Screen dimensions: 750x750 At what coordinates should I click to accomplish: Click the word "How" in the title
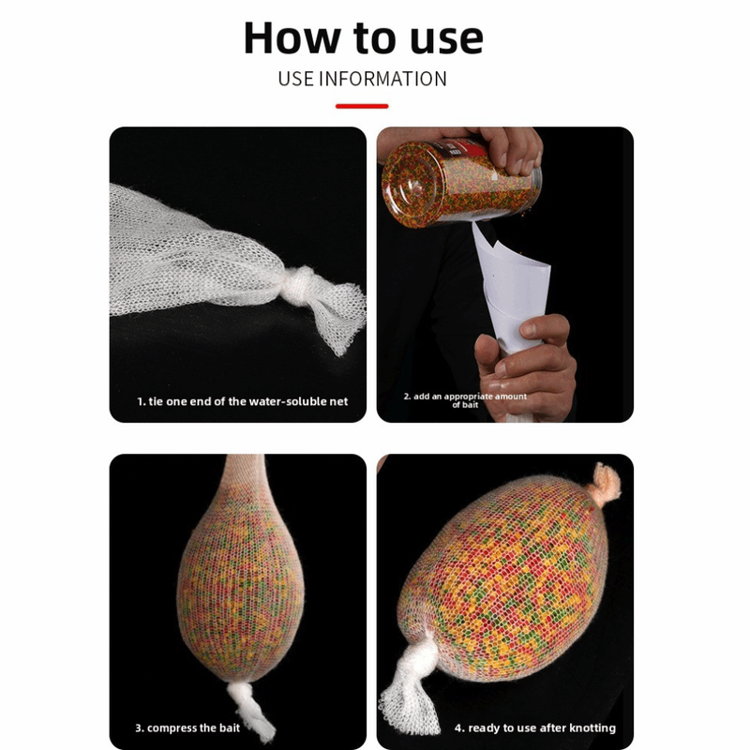pos(292,37)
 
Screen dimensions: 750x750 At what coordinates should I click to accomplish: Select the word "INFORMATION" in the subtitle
pos(382,79)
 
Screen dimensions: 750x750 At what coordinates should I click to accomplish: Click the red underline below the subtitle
pos(362,106)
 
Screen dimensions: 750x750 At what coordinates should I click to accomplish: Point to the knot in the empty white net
pos(299,286)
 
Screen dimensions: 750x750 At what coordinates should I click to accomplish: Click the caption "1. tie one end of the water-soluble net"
pos(243,401)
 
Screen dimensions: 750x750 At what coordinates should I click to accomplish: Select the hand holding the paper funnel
pos(525,366)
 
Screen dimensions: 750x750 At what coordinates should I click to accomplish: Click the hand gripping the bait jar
pos(502,148)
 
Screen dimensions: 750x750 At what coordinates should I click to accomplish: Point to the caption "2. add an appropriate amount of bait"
pos(465,400)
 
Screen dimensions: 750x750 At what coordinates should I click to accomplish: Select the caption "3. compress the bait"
pos(187,728)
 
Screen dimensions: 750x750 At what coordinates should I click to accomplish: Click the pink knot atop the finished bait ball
pos(606,484)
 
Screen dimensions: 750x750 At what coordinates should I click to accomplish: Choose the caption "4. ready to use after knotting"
pos(535,728)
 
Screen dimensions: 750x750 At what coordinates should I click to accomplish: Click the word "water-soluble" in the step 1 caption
pos(284,401)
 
